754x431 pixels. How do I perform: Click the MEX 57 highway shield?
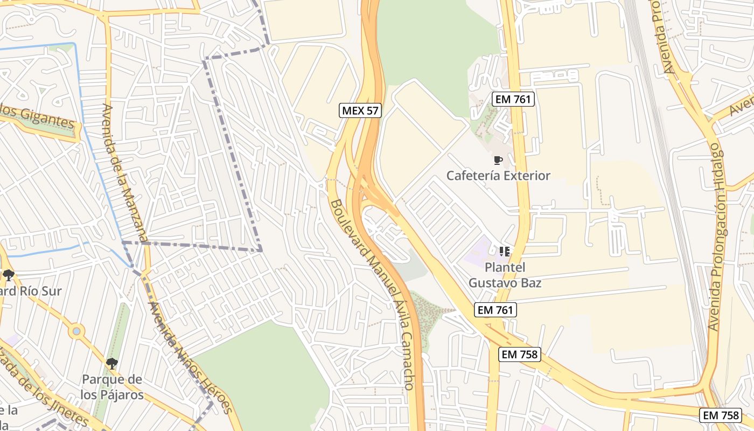[x=360, y=111]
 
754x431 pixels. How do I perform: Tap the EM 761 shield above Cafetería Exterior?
[x=512, y=99]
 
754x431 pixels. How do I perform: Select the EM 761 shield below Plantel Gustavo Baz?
[x=495, y=310]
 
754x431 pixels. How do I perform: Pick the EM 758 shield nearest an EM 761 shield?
[x=519, y=354]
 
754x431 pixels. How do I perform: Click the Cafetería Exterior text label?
[x=499, y=176]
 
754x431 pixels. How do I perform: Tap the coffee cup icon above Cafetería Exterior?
[x=498, y=160]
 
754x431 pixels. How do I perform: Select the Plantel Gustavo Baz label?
[x=505, y=275]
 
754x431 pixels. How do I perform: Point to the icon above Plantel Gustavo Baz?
[x=504, y=251]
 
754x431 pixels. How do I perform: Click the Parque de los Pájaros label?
[x=112, y=387]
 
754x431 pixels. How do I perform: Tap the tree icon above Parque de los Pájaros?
[x=112, y=364]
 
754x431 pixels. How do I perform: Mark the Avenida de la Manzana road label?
[x=125, y=172]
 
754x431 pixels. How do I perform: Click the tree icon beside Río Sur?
[x=8, y=275]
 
